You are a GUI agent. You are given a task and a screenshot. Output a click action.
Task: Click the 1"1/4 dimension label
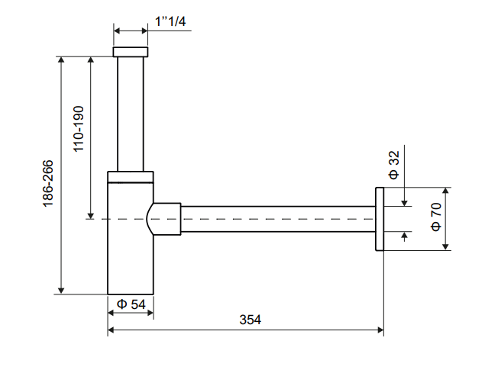[x=170, y=22]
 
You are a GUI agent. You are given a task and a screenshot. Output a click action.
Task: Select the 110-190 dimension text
[x=79, y=129]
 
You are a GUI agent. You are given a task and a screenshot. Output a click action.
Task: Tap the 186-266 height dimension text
[x=47, y=183]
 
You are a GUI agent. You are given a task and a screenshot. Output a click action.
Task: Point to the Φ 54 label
[x=131, y=304]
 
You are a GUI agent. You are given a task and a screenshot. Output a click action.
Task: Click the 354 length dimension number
[x=250, y=320]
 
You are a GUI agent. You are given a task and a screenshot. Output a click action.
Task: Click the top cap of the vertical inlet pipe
[x=131, y=52]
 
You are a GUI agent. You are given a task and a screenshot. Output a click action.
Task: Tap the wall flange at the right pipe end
[x=379, y=218]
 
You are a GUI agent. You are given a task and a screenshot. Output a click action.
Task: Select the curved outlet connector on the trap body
[x=164, y=219]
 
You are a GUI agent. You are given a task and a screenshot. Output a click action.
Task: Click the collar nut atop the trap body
[x=131, y=177]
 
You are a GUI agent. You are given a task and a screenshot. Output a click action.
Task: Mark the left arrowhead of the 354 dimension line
[x=112, y=330]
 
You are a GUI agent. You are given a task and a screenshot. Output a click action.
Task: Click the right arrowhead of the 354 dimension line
[x=380, y=330]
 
